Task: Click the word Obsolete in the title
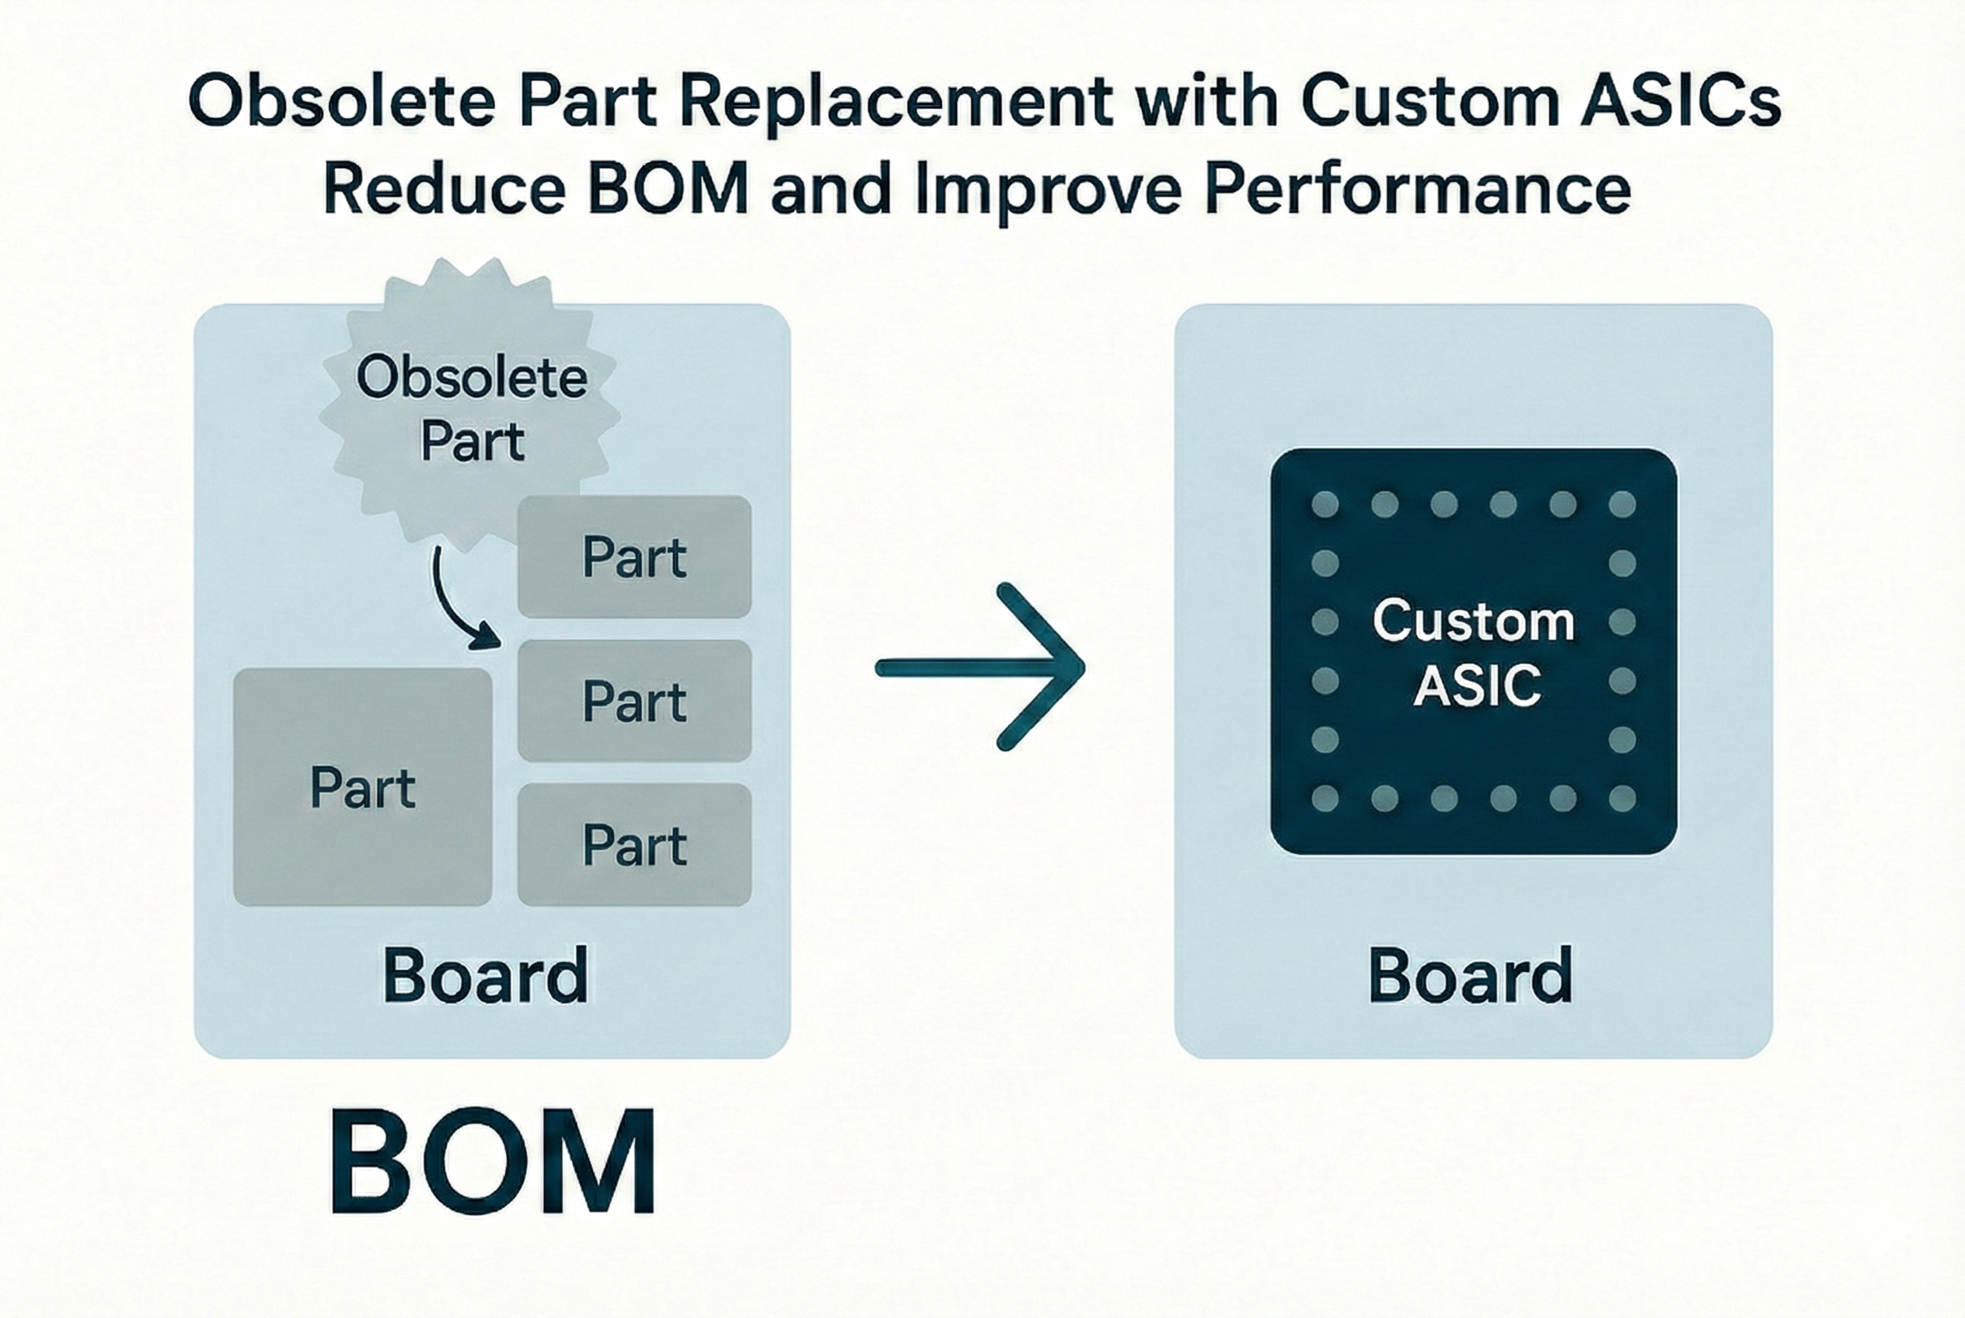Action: coord(341,103)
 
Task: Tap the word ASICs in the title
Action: coord(1681,103)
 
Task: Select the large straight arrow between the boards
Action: coord(980,667)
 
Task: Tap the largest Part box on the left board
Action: coord(362,787)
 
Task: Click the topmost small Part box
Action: coord(634,556)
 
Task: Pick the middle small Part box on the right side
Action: coord(634,701)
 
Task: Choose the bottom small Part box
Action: coord(634,845)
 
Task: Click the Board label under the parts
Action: coord(485,975)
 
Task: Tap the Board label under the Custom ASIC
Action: coord(1470,975)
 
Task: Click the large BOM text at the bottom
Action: coord(493,1163)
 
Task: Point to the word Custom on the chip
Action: coord(1473,621)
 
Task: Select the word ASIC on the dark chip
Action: coord(1477,685)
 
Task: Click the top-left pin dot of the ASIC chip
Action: coord(1325,504)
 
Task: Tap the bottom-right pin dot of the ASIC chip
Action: coord(1622,797)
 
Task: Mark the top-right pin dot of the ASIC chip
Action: coord(1622,504)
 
